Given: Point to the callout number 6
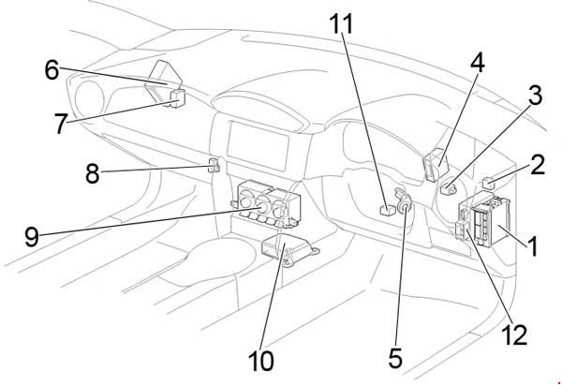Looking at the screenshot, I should [52, 68].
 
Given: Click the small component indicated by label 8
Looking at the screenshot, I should [214, 167].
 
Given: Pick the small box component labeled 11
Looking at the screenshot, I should [384, 211].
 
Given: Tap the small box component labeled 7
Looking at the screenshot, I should [176, 96].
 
